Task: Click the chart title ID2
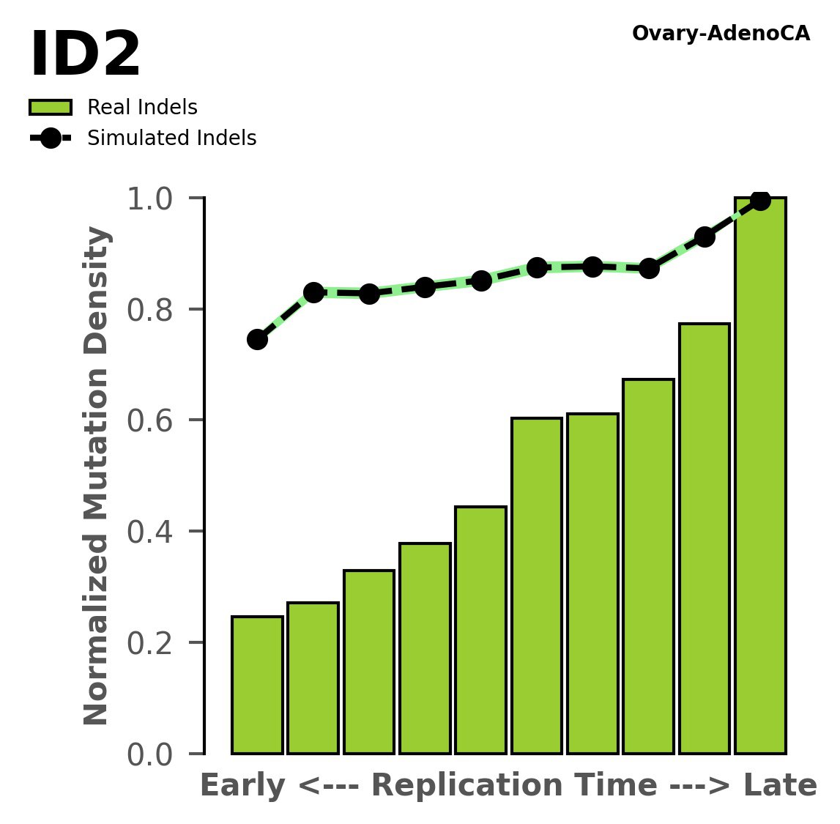pyautogui.click(x=85, y=56)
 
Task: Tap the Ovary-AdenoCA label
pyautogui.click(x=721, y=34)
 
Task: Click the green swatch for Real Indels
pyautogui.click(x=51, y=108)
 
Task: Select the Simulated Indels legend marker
pyautogui.click(x=51, y=138)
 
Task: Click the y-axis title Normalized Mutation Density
pyautogui.click(x=97, y=476)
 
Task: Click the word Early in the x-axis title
pyautogui.click(x=242, y=786)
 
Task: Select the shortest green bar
pyautogui.click(x=257, y=685)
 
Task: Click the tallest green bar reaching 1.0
pyautogui.click(x=760, y=476)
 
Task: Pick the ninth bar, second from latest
pyautogui.click(x=705, y=538)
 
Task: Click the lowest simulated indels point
pyautogui.click(x=257, y=339)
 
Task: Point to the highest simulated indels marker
pyautogui.click(x=760, y=200)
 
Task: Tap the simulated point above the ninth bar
pyautogui.click(x=705, y=237)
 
